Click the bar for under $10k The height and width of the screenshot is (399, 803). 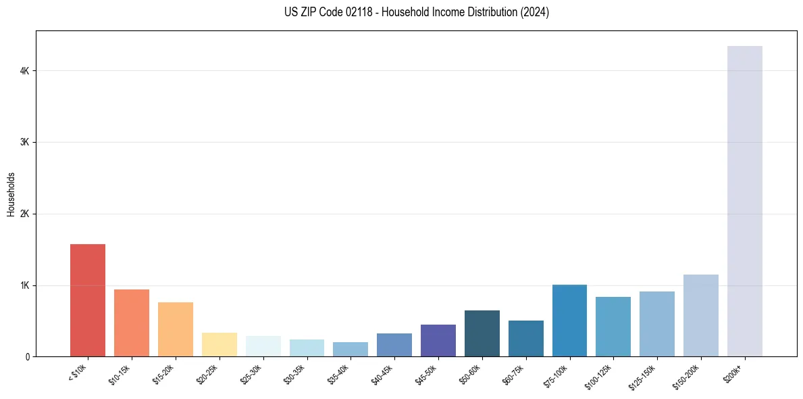(x=88, y=300)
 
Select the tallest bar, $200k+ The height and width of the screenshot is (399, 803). (x=744, y=201)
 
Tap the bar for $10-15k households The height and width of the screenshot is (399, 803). (x=132, y=323)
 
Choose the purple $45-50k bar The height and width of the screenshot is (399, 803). (x=438, y=340)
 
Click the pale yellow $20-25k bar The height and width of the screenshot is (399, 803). (x=219, y=344)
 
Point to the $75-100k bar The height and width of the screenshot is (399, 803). (x=569, y=321)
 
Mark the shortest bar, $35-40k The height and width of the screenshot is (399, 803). (x=351, y=349)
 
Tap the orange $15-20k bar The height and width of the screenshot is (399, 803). (x=176, y=329)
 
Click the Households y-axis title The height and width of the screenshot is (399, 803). (x=11, y=193)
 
